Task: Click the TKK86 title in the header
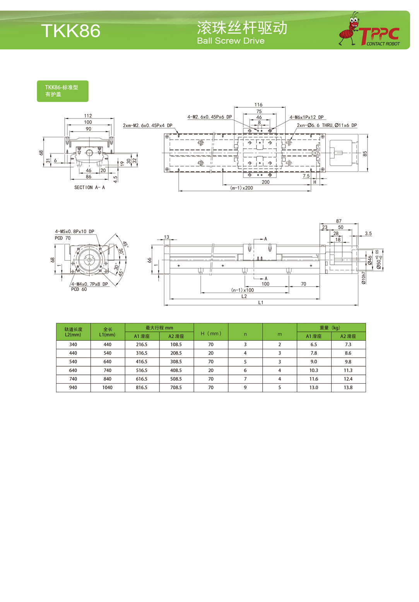[71, 30]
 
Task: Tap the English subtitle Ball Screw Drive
[231, 41]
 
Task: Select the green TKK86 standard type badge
[63, 91]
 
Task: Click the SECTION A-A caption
[89, 187]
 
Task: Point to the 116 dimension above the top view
[258, 105]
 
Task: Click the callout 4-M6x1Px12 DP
[306, 117]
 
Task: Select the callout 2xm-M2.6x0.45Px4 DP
[147, 125]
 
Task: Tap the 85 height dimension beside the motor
[364, 154]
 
